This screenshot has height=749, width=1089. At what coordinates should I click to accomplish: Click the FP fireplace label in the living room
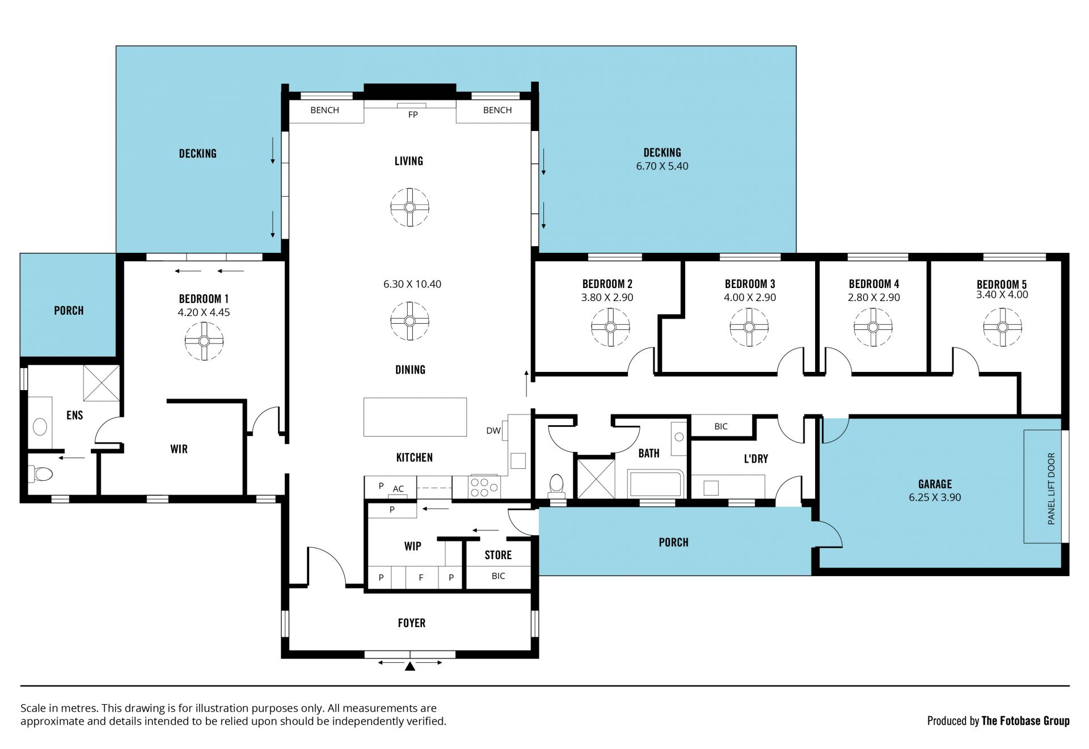(413, 115)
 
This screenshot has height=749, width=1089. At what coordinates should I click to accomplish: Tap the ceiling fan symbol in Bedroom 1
(204, 341)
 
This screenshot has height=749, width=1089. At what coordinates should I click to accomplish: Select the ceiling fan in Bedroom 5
(1002, 327)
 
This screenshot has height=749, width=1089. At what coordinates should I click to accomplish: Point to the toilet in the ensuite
(41, 473)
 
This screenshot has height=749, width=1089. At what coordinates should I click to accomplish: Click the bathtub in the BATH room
(656, 484)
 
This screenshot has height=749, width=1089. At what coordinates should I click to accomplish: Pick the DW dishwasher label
(493, 430)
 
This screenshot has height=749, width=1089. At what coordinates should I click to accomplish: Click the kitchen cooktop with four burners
(484, 488)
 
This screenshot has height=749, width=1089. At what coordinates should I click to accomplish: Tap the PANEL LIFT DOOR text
(1051, 488)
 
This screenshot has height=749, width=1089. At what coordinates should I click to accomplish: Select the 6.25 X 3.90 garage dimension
(935, 497)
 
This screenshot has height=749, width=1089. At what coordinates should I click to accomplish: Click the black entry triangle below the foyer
(410, 666)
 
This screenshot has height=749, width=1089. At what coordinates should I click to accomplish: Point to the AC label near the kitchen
(398, 489)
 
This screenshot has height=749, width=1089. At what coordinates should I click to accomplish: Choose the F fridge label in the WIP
(421, 578)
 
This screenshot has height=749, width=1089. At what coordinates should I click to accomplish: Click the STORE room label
(498, 555)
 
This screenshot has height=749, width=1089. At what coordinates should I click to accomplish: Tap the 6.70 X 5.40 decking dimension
(662, 166)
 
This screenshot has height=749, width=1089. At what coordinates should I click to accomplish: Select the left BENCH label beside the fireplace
(324, 110)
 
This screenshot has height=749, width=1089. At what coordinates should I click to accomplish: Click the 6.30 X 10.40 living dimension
(412, 284)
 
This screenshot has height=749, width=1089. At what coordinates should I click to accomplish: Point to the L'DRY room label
(756, 459)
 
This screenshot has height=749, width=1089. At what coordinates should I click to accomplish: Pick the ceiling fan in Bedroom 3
(749, 327)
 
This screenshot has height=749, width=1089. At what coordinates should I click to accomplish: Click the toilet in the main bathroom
(557, 485)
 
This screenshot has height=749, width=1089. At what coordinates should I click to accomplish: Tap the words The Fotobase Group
(1025, 721)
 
